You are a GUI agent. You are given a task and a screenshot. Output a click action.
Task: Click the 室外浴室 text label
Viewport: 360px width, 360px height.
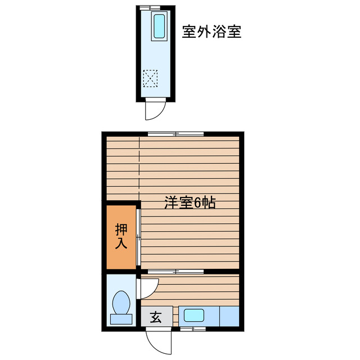pos(211,31)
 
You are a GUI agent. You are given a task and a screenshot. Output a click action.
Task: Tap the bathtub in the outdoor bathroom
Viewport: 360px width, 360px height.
pos(159,26)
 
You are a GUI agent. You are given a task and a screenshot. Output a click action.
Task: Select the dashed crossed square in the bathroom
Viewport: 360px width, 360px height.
pos(150,78)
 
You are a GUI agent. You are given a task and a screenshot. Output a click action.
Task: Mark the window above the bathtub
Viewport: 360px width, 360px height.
pos(150,7)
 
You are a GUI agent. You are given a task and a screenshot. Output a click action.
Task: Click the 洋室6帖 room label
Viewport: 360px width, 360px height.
pos(190,203)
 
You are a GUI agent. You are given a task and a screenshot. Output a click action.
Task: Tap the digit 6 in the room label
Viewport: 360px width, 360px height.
pos(198,203)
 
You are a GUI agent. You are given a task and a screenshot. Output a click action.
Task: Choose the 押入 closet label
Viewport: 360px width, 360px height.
pos(121,236)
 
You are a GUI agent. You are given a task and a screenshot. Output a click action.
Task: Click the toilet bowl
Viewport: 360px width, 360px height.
pos(121,303)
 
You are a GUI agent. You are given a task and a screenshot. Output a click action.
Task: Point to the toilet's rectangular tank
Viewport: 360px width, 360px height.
pos(121,319)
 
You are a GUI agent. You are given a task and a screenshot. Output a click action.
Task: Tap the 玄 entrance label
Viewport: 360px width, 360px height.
pos(155,317)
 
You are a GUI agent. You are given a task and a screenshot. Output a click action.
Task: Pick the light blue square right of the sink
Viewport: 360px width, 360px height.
pos(229,315)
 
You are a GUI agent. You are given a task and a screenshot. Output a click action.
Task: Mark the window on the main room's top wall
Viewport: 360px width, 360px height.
pos(175,134)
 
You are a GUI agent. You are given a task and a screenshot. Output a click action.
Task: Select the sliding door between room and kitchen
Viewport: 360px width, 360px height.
pos(176,272)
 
